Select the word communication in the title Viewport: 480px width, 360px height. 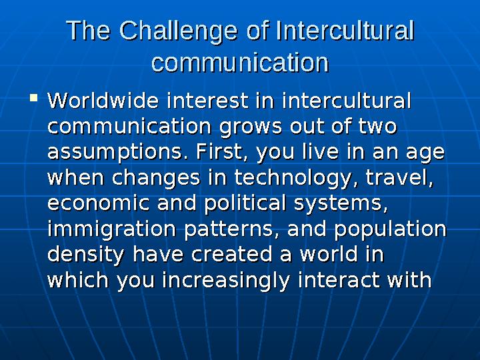(240, 63)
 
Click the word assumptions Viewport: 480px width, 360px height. (113, 153)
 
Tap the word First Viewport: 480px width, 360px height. (215, 153)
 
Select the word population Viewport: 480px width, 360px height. (391, 229)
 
